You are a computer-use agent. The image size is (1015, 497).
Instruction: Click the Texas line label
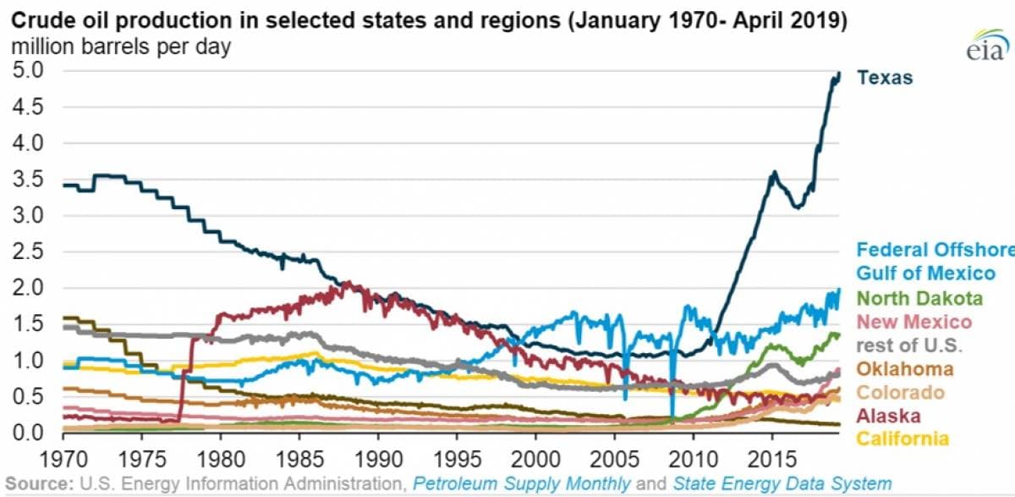pyautogui.click(x=885, y=78)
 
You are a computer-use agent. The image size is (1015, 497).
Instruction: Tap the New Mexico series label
pyautogui.click(x=913, y=322)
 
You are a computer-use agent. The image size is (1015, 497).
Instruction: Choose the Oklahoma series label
pyautogui.click(x=905, y=369)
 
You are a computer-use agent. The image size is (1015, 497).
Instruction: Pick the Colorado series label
pyautogui.click(x=900, y=393)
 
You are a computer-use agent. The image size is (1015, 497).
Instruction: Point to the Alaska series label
pyautogui.click(x=889, y=416)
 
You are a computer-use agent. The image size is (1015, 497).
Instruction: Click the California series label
pyautogui.click(x=902, y=439)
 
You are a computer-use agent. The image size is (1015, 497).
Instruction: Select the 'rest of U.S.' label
pyautogui.click(x=908, y=345)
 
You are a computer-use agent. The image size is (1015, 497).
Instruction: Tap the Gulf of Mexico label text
pyautogui.click(x=925, y=273)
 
